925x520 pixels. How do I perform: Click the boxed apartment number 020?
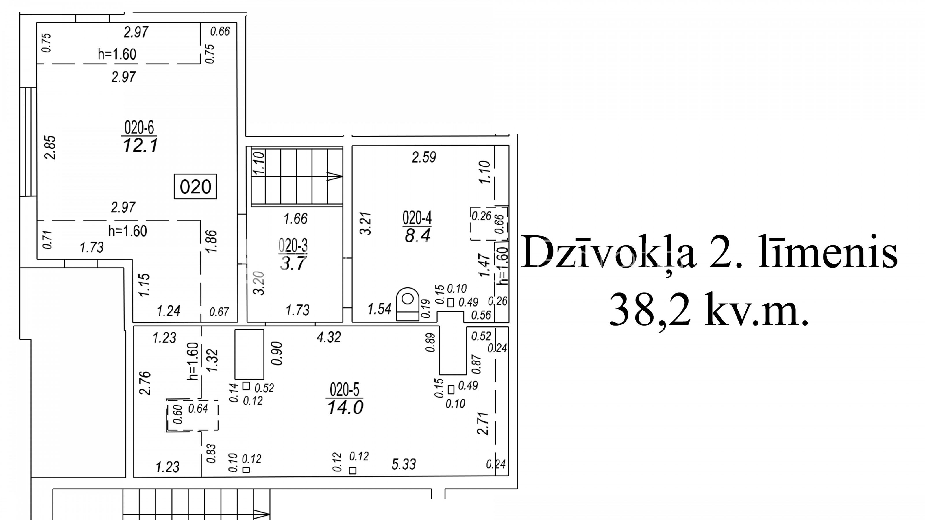195,187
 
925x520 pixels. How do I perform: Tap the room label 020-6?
139,127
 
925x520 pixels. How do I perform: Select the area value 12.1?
140,146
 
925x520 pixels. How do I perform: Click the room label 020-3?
293,246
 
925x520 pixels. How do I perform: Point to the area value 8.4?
417,236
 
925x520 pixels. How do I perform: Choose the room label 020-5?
345,389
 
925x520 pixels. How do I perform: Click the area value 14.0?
345,407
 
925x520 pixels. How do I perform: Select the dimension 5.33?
404,464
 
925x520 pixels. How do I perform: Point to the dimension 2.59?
424,157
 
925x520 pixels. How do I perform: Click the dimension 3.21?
366,224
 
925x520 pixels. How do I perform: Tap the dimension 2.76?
145,383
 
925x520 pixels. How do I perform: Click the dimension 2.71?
483,424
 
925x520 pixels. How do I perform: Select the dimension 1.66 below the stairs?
295,219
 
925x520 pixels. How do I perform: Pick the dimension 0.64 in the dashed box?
198,408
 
